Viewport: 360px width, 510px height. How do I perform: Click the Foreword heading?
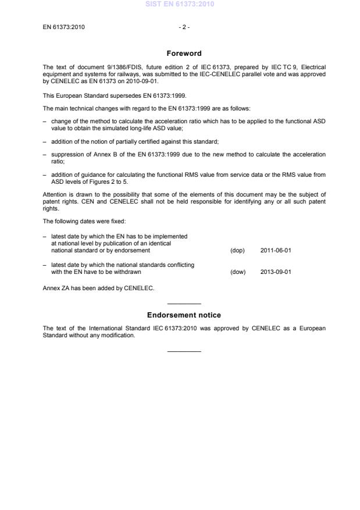pos(184,54)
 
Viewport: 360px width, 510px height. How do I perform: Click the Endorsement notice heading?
pos(184,315)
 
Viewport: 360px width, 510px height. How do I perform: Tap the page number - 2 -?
pos(184,27)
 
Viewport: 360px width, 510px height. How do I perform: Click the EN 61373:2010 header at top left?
pos(64,27)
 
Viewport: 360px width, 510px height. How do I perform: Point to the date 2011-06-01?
pos(275,251)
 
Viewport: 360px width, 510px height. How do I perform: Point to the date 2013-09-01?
pos(275,272)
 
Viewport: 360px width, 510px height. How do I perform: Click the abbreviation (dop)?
pos(237,251)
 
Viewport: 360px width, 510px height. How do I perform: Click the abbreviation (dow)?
pos(238,272)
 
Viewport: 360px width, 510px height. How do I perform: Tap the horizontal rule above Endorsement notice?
pos(184,304)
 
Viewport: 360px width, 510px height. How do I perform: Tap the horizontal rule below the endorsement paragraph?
pos(184,351)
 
